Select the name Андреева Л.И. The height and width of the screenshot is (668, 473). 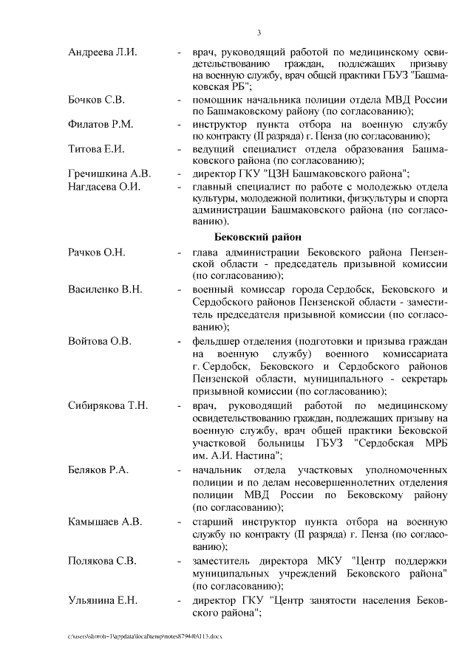[x=102, y=52]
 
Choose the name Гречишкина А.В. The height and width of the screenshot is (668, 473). [x=109, y=173]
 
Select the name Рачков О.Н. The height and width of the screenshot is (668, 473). [x=97, y=252]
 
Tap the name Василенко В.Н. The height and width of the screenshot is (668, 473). [x=105, y=289]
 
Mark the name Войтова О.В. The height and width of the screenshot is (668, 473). [x=100, y=340]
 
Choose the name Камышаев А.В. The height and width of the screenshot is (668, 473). [x=105, y=521]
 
